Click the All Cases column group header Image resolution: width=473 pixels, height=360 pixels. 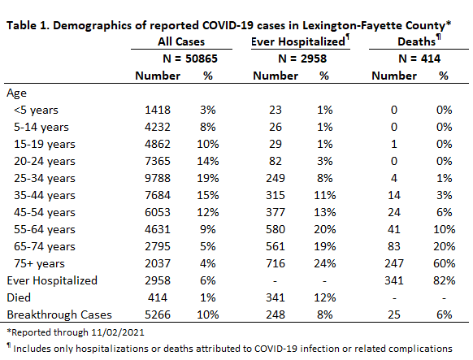(181, 41)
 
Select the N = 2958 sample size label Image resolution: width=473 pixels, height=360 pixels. (302, 59)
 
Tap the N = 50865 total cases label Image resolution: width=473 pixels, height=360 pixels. (190, 59)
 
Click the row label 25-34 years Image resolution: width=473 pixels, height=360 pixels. (45, 178)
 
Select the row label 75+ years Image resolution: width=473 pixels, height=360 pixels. (39, 263)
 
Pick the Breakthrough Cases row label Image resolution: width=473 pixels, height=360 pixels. (59, 314)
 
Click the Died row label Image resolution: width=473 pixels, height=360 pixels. (19, 297)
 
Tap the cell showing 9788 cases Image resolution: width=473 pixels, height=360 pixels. (158, 178)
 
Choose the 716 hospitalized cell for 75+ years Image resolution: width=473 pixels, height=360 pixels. (276, 263)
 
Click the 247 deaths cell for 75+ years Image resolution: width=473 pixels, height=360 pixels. (394, 263)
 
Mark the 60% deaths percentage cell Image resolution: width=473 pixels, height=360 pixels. (444, 263)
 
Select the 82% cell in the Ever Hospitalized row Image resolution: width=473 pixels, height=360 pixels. (444, 280)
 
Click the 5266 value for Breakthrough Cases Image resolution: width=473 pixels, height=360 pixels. (158, 314)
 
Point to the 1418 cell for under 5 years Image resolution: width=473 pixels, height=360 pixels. (158, 110)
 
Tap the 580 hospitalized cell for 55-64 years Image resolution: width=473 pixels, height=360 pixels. (276, 229)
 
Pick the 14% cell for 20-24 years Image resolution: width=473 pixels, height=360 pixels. (208, 161)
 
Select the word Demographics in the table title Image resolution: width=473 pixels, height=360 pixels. (93, 25)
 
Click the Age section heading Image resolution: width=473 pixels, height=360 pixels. (16, 93)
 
